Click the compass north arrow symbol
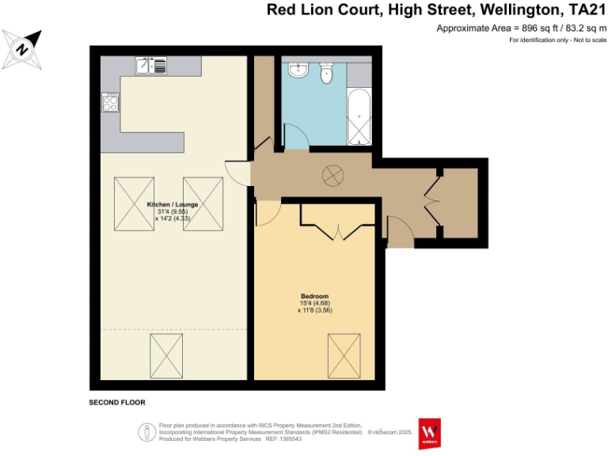click(x=23, y=48)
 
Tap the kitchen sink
click(x=150, y=66)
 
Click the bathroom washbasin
click(x=298, y=70)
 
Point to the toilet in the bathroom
click(x=326, y=74)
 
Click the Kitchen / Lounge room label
click(x=173, y=204)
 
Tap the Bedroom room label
click(x=314, y=296)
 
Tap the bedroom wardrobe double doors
click(x=339, y=231)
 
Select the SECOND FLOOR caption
click(x=117, y=403)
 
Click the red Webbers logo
click(x=430, y=432)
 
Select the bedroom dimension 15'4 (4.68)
click(x=314, y=303)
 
